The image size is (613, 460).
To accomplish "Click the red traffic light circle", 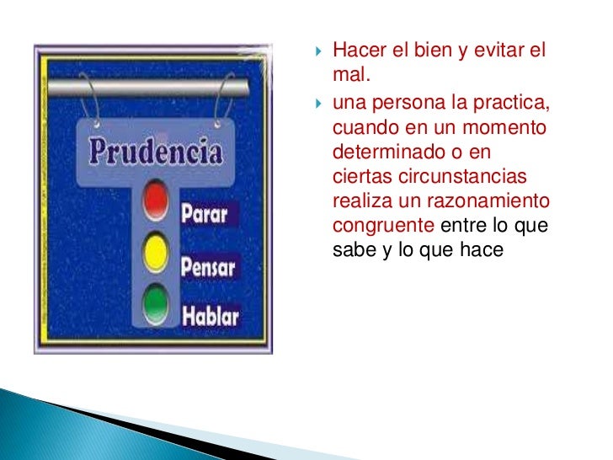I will click(156, 200).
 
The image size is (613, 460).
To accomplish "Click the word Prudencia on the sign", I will click(157, 152).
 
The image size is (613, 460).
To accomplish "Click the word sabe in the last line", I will click(352, 249).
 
